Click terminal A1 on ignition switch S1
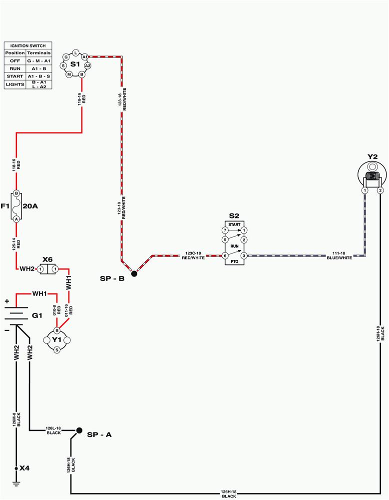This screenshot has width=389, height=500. (x=85, y=57)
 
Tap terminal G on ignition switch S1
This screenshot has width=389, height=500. (x=66, y=57)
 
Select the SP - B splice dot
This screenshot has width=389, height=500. (x=134, y=273)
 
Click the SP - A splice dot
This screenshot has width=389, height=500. (x=79, y=430)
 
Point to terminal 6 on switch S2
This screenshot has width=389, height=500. (x=225, y=255)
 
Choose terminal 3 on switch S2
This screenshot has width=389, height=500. (x=244, y=255)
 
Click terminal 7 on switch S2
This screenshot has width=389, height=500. (x=225, y=230)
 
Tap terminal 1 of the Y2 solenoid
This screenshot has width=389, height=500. (x=365, y=190)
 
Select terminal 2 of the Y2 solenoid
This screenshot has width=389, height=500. (x=380, y=190)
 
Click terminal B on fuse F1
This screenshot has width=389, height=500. (x=16, y=193)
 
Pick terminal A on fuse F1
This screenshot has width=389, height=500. (x=16, y=219)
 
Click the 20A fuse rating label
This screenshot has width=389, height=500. (x=30, y=206)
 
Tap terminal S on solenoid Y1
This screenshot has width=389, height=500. (x=57, y=350)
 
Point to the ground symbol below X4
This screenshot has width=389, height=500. (x=16, y=483)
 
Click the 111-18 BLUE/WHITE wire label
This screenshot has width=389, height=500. (x=339, y=255)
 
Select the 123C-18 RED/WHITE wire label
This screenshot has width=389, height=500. (x=193, y=255)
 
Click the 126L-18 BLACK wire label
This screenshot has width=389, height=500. (x=53, y=431)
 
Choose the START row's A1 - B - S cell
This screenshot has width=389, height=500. (x=39, y=76)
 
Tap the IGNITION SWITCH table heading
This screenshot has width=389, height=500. (x=28, y=46)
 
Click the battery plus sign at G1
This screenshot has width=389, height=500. (x=7, y=301)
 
